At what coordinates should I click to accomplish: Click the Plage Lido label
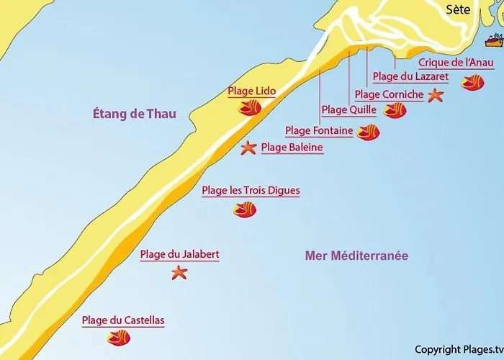tap(251, 91)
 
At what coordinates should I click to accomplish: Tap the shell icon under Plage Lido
tap(250, 108)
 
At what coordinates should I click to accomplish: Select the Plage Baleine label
tap(292, 148)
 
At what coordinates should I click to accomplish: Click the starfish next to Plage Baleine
tap(248, 148)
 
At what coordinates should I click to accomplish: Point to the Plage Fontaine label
tap(319, 131)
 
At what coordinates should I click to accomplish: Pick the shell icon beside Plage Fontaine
tap(368, 132)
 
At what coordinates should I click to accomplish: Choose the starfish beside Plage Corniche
tap(435, 95)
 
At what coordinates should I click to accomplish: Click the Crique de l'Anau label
tap(456, 63)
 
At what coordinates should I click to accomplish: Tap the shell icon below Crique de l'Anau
tap(472, 82)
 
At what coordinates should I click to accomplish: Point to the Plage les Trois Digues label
tap(251, 191)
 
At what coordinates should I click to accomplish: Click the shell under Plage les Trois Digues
tap(245, 210)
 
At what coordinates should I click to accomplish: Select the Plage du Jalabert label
tap(179, 254)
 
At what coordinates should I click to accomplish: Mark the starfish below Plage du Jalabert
tap(179, 273)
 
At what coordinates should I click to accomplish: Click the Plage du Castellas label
tap(123, 320)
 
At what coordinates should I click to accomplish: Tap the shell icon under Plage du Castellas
tap(118, 337)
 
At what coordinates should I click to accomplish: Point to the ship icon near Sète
tap(493, 42)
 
